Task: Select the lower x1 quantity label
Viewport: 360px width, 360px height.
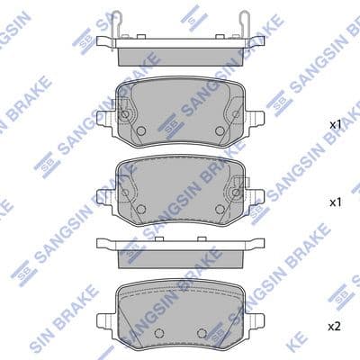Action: tap(334, 203)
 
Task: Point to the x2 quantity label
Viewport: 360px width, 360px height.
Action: tap(334, 325)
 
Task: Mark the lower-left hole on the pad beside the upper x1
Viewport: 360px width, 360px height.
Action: tap(141, 131)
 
